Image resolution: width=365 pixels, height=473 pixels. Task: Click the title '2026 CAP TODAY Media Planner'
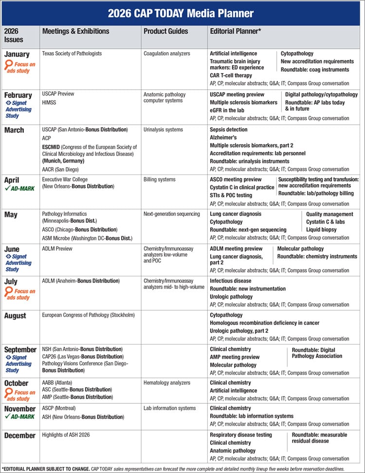point(182,12)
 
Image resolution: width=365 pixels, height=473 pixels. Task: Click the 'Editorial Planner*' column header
point(236,31)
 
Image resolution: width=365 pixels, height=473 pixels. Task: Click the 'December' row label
point(20,435)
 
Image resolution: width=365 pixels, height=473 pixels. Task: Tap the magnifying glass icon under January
point(8,65)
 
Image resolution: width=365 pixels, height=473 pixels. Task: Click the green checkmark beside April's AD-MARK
point(7,189)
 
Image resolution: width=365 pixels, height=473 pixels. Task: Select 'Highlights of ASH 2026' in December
point(70,435)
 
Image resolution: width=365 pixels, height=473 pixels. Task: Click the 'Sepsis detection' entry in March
point(229,130)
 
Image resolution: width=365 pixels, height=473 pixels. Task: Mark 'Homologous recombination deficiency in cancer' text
point(265,323)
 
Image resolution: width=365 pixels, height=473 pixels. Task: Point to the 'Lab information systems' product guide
point(169,408)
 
